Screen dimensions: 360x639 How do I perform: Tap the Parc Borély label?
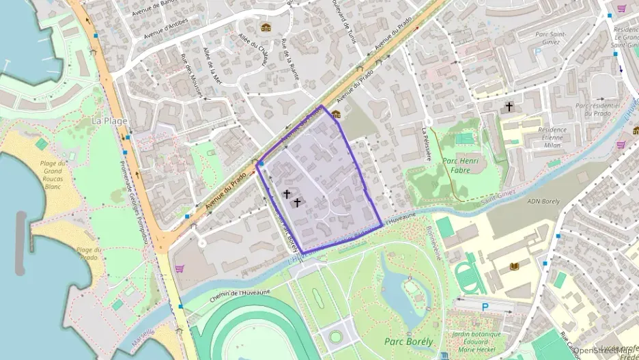(x=409, y=342)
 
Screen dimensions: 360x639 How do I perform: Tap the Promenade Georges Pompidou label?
(x=133, y=198)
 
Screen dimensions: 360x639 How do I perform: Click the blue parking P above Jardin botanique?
(x=485, y=307)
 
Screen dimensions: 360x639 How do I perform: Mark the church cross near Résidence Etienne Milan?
(x=509, y=107)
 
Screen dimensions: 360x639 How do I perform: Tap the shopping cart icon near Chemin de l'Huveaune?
(x=180, y=269)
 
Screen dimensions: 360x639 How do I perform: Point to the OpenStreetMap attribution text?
(x=605, y=350)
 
